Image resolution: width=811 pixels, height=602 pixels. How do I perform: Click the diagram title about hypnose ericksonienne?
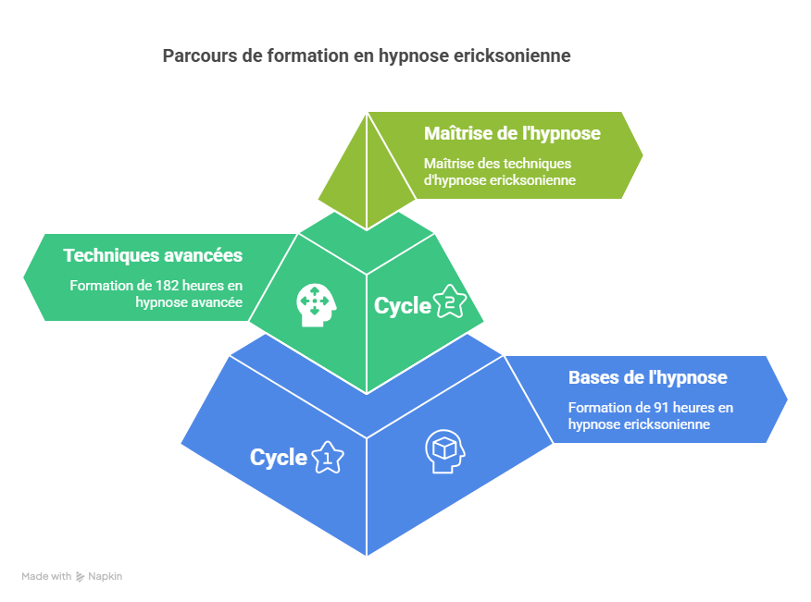click(367, 55)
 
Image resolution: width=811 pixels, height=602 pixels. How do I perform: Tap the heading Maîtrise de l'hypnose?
click(512, 133)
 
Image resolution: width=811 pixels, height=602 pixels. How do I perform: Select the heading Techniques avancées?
click(153, 255)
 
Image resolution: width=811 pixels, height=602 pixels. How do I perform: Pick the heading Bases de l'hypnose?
click(647, 377)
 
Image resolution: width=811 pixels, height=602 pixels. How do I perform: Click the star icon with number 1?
click(327, 457)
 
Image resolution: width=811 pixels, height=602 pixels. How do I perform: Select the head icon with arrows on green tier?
click(314, 302)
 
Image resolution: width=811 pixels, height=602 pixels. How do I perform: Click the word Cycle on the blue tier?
click(279, 457)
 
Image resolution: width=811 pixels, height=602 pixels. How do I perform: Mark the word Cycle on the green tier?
click(403, 305)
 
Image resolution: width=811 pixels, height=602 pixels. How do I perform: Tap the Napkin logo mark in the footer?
click(81, 576)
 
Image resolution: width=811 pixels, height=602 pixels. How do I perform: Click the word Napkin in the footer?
click(106, 576)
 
